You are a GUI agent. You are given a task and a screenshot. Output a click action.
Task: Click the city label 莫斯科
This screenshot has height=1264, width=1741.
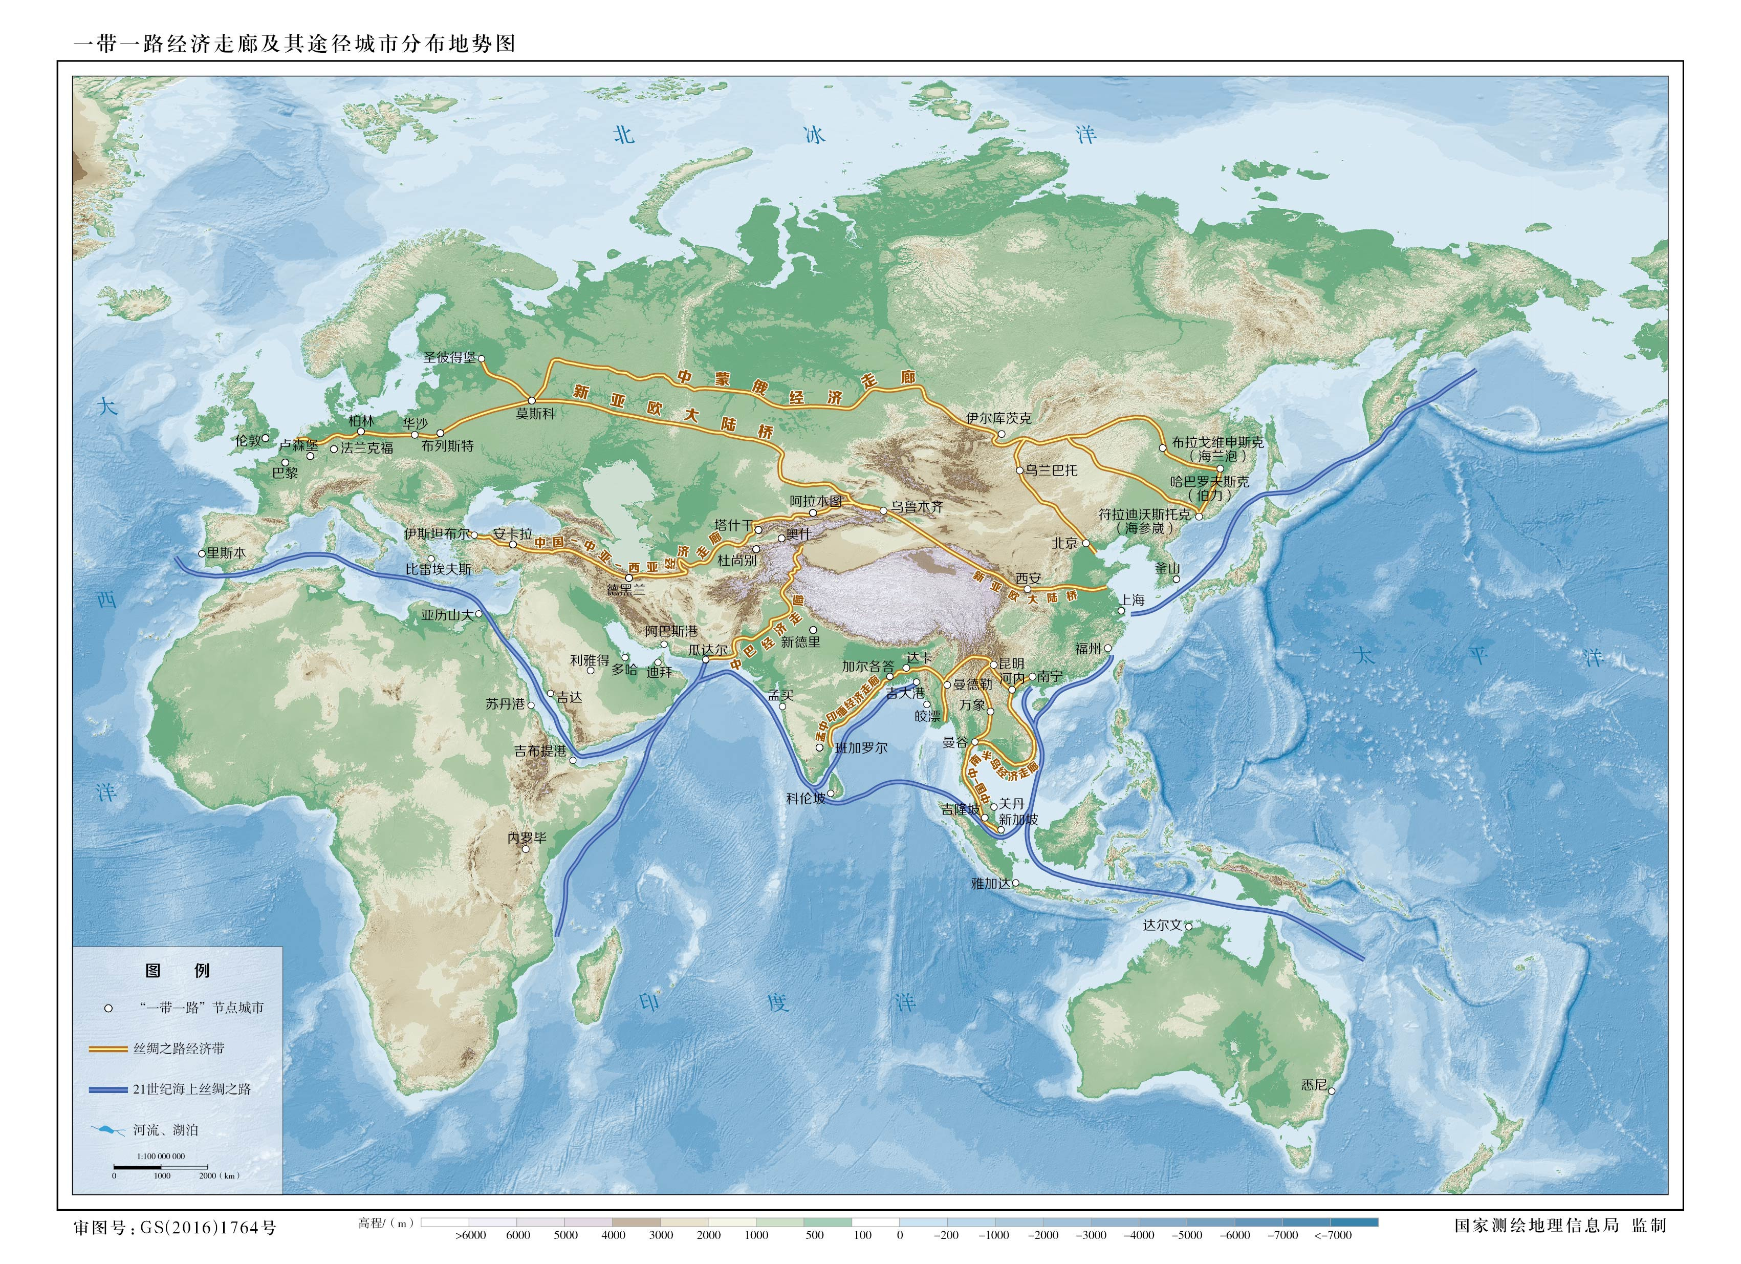[535, 414]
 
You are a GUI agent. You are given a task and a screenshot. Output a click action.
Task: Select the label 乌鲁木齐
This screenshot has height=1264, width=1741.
[917, 507]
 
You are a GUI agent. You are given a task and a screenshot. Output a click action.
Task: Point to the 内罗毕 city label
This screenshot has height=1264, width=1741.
[527, 838]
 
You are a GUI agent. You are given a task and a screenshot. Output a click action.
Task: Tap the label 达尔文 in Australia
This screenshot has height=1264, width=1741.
[1162, 926]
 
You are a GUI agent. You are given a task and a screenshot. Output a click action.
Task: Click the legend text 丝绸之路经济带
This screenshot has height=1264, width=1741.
[179, 1049]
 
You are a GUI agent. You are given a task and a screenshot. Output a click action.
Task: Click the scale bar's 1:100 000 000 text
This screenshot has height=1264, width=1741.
[161, 1156]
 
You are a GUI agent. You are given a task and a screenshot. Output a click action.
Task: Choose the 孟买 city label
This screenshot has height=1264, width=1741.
[780, 695]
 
